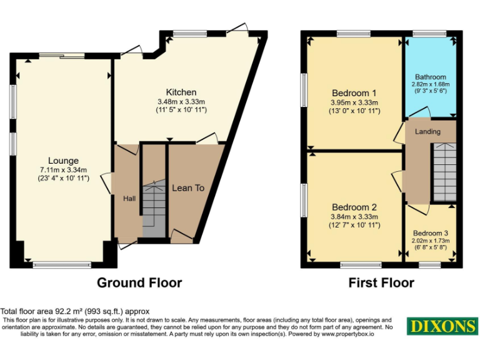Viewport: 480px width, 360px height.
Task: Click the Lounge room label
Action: pos(64,161)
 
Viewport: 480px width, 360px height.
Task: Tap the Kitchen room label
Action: pos(181,92)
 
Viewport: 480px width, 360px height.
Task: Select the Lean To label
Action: pos(188,187)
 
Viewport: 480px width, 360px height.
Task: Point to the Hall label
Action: pos(129,198)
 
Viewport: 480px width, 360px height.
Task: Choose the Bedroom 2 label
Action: pos(354,207)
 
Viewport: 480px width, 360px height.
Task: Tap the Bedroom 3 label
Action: pos(430,232)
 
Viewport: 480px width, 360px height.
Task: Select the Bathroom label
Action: pos(429,77)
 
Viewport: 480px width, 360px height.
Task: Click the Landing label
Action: pos(428,131)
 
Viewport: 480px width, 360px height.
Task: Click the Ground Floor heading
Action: pos(139,283)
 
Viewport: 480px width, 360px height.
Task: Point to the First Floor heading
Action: pos(381,283)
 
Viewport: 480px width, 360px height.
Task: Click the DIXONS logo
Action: pos(442,326)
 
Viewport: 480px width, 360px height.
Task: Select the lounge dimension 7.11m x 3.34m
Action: pos(64,169)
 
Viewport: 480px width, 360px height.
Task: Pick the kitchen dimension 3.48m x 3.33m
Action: pos(181,102)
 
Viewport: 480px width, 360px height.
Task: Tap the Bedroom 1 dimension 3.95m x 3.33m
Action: pos(354,102)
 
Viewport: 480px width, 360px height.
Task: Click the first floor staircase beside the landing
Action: pos(444,171)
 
